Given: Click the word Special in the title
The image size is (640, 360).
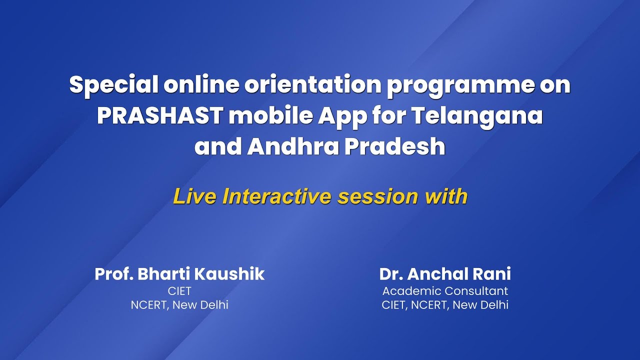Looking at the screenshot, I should pyautogui.click(x=113, y=85).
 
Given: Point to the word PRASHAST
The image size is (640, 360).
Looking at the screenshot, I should pyautogui.click(x=159, y=116).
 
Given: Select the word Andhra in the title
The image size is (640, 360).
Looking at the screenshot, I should pyautogui.click(x=290, y=146).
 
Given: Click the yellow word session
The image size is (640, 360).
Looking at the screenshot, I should pyautogui.click(x=378, y=196).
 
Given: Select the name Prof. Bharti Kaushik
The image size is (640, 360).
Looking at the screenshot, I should pyautogui.click(x=179, y=274).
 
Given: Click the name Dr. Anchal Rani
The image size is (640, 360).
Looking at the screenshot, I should pyautogui.click(x=445, y=274).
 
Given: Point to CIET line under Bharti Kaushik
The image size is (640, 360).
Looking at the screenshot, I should pyautogui.click(x=179, y=291).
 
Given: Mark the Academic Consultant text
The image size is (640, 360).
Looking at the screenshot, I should pyautogui.click(x=445, y=291).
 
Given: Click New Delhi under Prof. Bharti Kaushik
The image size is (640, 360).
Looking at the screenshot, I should pyautogui.click(x=200, y=305).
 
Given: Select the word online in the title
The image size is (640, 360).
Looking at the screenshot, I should pyautogui.click(x=201, y=85).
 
